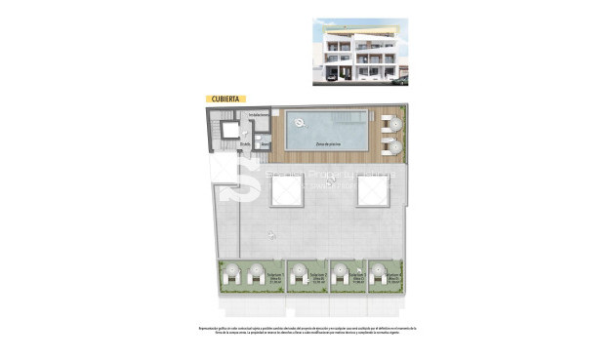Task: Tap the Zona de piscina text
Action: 327,143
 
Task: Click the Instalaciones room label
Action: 258,116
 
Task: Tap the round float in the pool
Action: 300,122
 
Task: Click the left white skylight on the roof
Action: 285,191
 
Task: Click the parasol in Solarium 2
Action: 298,270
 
